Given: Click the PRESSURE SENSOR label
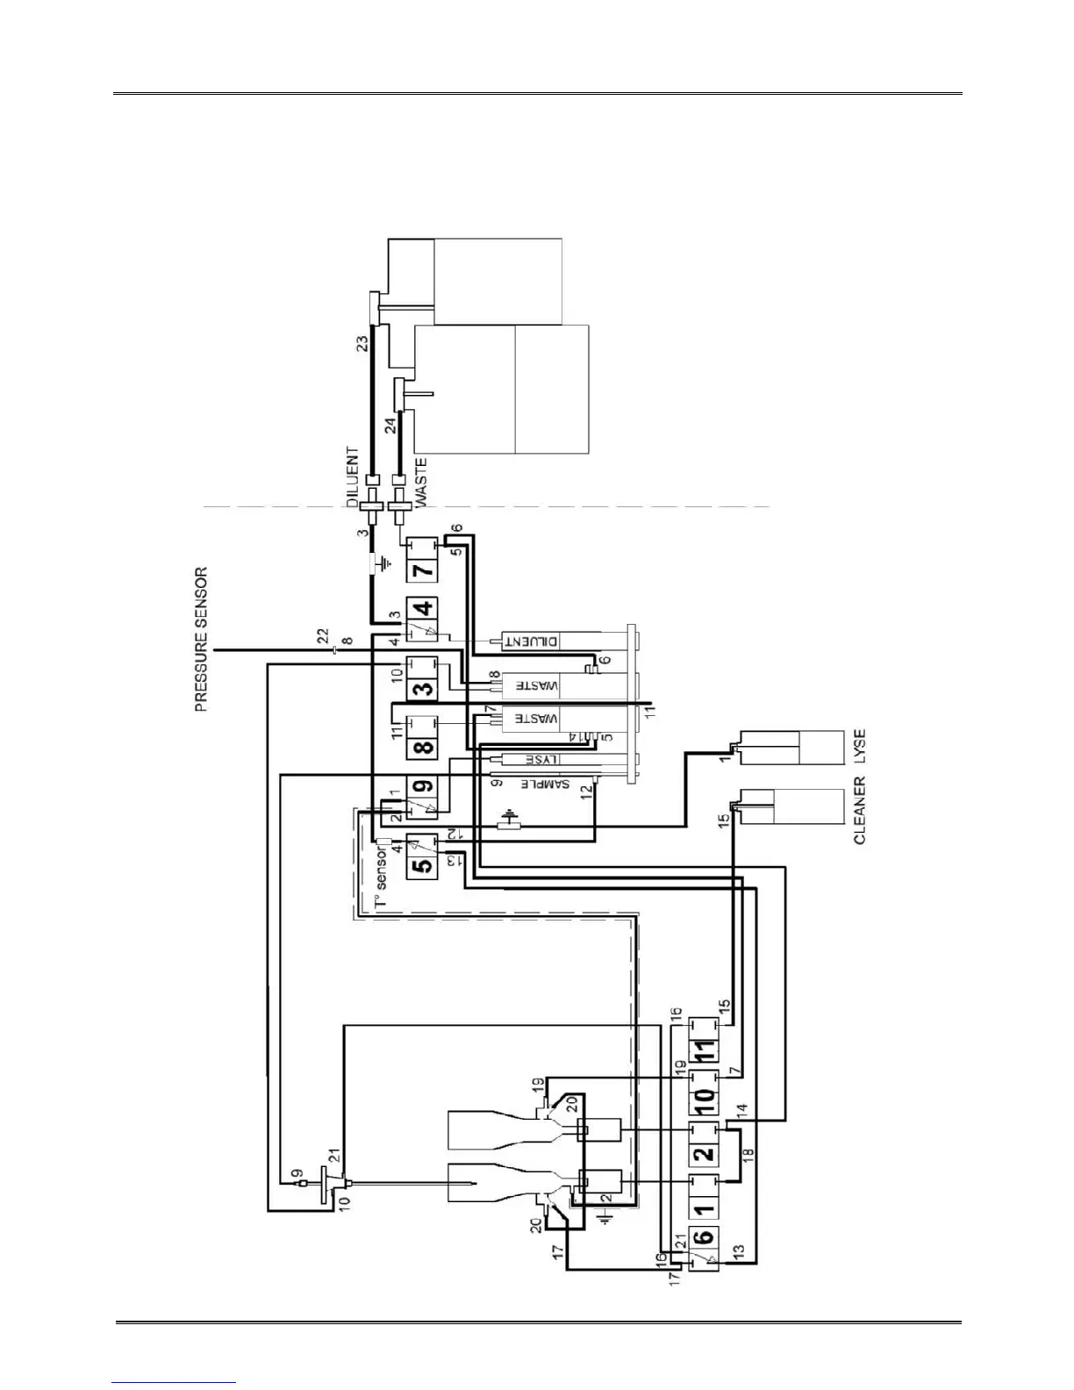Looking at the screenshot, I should [x=201, y=639].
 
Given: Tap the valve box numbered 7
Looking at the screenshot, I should [x=423, y=570].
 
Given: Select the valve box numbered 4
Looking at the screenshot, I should [x=424, y=608].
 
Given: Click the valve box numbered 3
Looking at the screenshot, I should [x=424, y=688].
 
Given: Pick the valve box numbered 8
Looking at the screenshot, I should [x=424, y=749].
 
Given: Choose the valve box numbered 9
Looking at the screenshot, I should [x=424, y=787].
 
